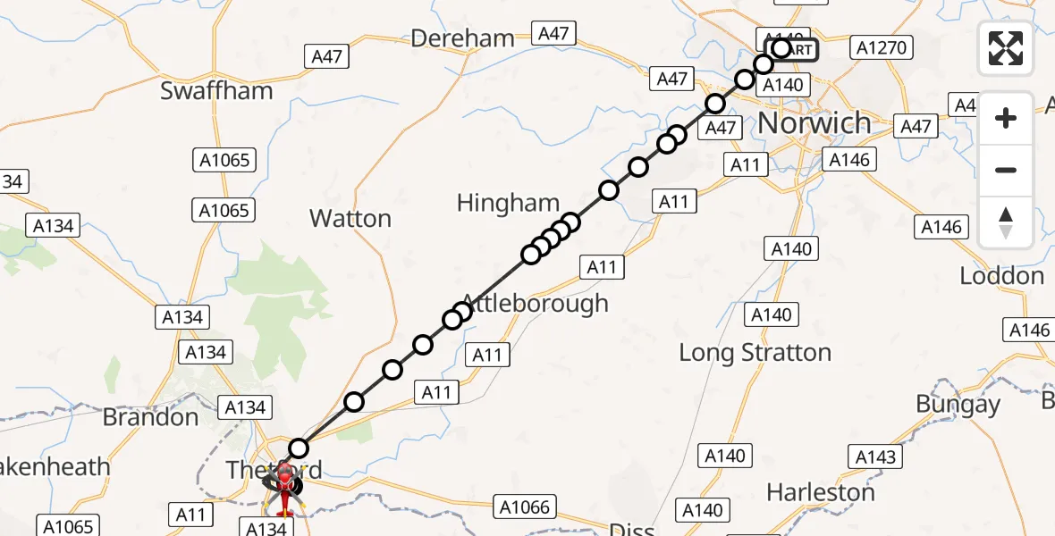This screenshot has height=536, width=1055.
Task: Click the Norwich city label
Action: pyautogui.click(x=814, y=122)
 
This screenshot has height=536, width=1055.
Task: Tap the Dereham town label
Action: pyautogui.click(x=462, y=38)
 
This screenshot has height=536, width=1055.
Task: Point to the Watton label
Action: pyautogui.click(x=350, y=219)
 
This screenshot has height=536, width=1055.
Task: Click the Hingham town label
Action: pyautogui.click(x=508, y=204)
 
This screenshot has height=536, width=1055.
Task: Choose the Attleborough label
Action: pyautogui.click(x=535, y=303)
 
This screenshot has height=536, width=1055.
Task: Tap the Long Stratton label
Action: pyautogui.click(x=755, y=353)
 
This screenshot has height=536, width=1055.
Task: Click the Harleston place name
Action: pyautogui.click(x=820, y=492)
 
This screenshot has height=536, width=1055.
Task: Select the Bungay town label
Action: pyautogui.click(x=958, y=404)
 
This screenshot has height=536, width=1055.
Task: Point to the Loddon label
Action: pyautogui.click(x=1001, y=276)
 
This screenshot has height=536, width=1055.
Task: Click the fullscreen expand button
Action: pyautogui.click(x=1006, y=48)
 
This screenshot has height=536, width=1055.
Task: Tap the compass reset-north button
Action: pyautogui.click(x=1006, y=222)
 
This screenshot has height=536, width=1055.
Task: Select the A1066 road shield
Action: pyautogui.click(x=524, y=508)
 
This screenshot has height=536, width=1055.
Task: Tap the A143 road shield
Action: pyautogui.click(x=874, y=457)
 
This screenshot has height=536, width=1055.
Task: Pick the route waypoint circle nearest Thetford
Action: pyautogui.click(x=299, y=448)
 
